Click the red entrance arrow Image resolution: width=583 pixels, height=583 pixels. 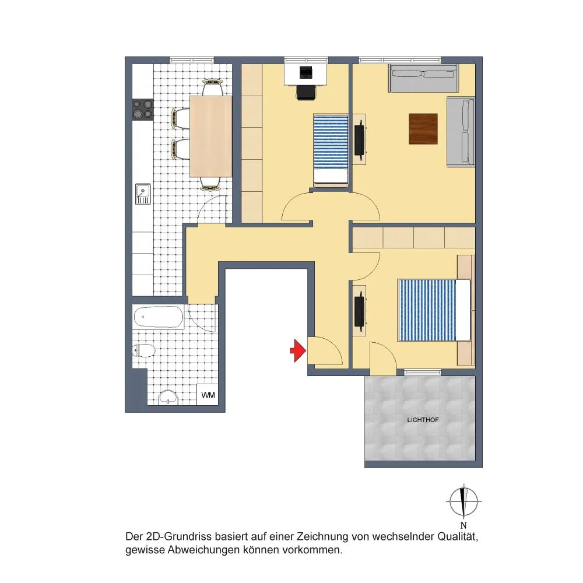pos(298,350)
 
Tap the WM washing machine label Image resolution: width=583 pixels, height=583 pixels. pos(208,395)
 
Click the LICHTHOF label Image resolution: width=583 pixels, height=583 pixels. pos(423,420)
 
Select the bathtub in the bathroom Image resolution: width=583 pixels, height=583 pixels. pos(157,317)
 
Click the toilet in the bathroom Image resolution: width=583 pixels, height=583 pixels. pos(143,350)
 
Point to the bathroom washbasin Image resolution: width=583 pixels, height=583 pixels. pos(169,397)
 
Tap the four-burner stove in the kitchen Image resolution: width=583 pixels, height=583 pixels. pos(143,110)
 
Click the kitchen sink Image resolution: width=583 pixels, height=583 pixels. pos(143,194)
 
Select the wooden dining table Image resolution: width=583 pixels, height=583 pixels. pos(211,136)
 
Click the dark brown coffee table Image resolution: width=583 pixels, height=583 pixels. pos(423,129)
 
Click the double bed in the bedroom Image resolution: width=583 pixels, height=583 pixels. pos(434,310)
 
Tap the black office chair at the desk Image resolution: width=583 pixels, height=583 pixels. pos(306,92)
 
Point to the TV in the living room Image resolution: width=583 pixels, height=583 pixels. pos(360,139)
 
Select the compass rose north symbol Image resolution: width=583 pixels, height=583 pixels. pos(463,501)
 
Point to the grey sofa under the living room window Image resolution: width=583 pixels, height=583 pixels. pos(423,79)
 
